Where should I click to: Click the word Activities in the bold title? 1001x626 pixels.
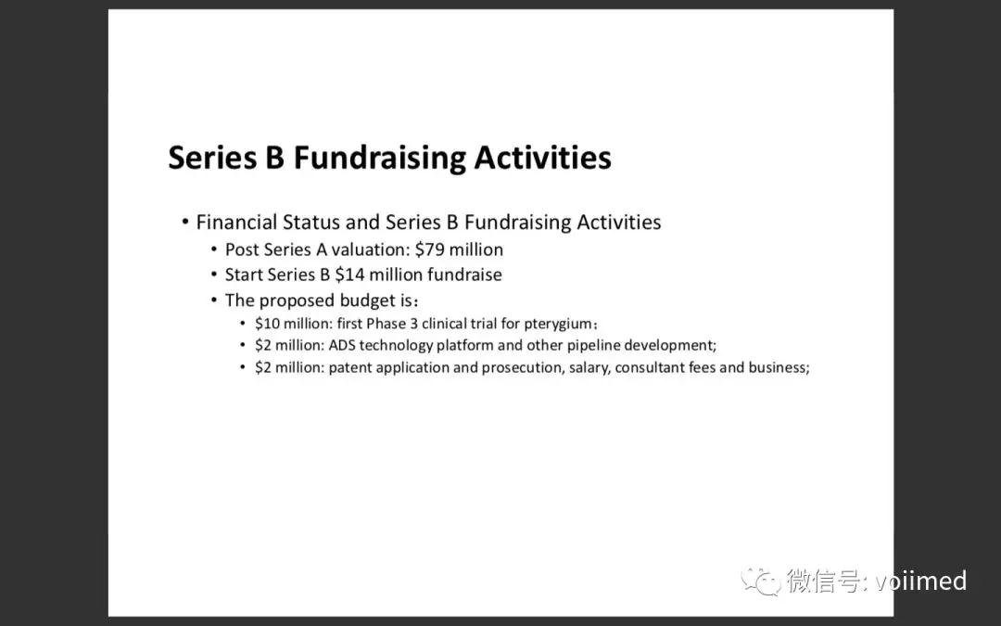pyautogui.click(x=542, y=157)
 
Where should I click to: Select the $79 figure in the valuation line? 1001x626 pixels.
pyautogui.click(x=430, y=249)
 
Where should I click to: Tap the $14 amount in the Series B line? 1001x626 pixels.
pyautogui.click(x=349, y=275)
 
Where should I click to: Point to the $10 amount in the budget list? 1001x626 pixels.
pyautogui.click(x=267, y=324)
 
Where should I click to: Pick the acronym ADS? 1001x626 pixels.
pyautogui.click(x=341, y=346)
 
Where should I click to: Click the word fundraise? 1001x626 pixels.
pyautogui.click(x=464, y=275)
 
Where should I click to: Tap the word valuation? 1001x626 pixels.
pyautogui.click(x=368, y=249)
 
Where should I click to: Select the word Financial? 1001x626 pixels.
pyautogui.click(x=236, y=223)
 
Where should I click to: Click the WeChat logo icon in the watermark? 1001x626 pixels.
pyautogui.click(x=760, y=581)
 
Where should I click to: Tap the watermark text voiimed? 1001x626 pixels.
pyautogui.click(x=921, y=581)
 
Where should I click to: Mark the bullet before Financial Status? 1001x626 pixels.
pyautogui.click(x=185, y=223)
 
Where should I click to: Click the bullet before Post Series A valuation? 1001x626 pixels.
pyautogui.click(x=214, y=249)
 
